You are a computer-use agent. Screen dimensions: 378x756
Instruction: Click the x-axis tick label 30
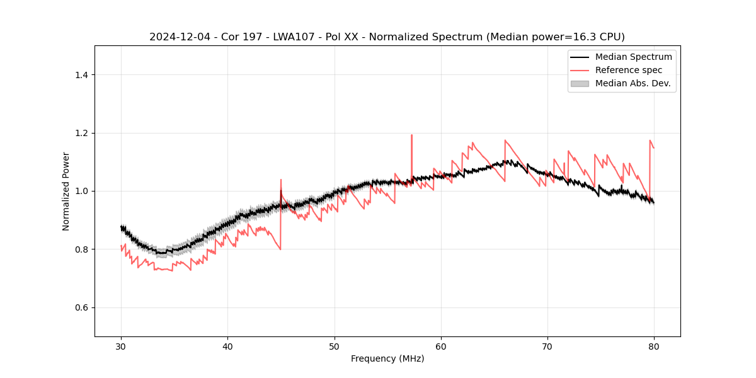click(x=121, y=346)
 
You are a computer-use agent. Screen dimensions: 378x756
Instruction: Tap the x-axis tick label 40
click(x=227, y=346)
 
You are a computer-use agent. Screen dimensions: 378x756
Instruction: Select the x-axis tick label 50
click(x=335, y=346)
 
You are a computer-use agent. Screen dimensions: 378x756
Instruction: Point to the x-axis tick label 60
click(x=441, y=346)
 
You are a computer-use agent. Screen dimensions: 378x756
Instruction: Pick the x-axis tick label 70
click(x=547, y=346)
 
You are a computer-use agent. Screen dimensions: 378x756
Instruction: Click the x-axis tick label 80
click(x=654, y=346)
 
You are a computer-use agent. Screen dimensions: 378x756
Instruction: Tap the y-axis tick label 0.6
click(x=81, y=307)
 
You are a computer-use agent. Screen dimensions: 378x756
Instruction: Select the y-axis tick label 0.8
click(x=81, y=249)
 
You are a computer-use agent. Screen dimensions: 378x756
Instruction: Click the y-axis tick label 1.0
click(x=81, y=191)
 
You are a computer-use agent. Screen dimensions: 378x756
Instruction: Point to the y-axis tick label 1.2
click(x=81, y=133)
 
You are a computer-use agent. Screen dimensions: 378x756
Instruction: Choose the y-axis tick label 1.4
click(x=81, y=75)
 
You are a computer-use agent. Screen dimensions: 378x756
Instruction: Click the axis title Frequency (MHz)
click(x=387, y=358)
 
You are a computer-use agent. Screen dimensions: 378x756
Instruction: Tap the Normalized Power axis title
click(x=66, y=191)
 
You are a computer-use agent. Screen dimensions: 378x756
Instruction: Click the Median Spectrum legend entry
click(x=633, y=57)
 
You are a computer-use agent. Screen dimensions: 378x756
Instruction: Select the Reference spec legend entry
click(x=629, y=70)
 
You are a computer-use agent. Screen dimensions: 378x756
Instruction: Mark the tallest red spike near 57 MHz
click(x=411, y=135)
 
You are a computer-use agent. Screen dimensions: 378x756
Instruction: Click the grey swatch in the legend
click(x=580, y=83)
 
